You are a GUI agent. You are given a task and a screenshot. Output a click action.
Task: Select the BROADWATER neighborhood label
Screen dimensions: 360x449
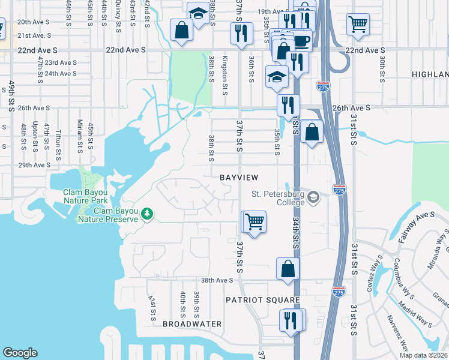click(x=192, y=324)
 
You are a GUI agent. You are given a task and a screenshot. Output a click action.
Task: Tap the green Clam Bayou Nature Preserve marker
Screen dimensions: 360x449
click(x=146, y=214)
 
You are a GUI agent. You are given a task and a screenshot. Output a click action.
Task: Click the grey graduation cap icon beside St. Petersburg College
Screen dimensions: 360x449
click(x=313, y=197)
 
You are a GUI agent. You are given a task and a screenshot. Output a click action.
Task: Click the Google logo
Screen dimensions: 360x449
click(x=20, y=353)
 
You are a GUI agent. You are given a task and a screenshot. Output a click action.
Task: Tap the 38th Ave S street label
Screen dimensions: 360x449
click(x=216, y=280)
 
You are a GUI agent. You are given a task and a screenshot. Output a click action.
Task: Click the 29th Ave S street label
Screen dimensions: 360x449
click(x=34, y=165)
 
